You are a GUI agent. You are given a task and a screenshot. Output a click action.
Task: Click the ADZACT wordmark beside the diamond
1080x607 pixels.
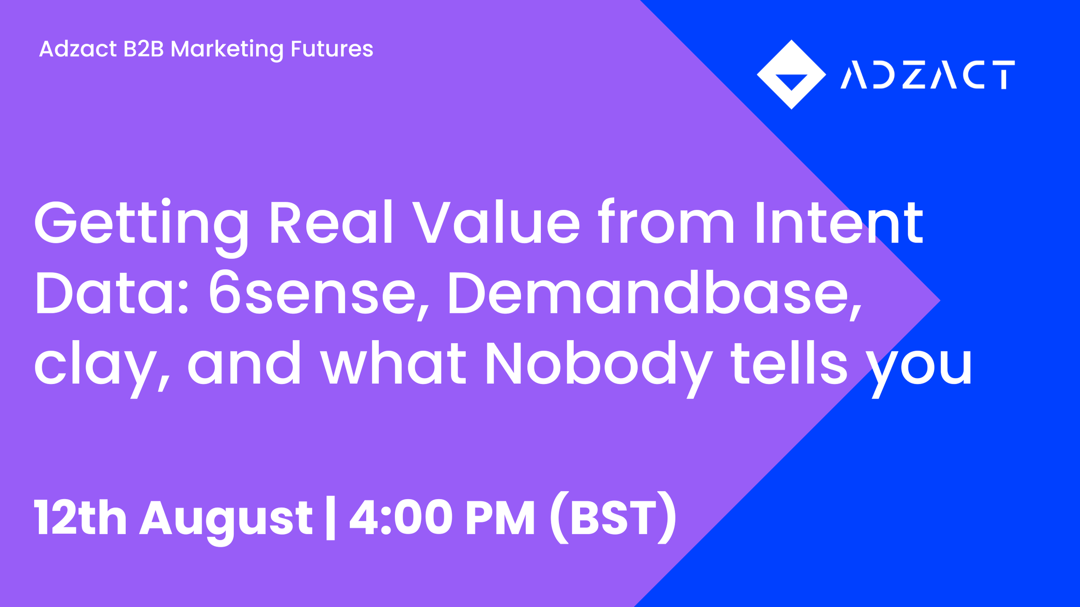(x=928, y=75)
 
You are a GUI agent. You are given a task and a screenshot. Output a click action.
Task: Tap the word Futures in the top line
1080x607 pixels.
(x=332, y=49)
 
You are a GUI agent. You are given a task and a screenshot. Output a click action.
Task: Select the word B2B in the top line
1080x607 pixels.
(x=144, y=49)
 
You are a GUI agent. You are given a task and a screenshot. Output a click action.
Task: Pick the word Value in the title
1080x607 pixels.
(x=496, y=221)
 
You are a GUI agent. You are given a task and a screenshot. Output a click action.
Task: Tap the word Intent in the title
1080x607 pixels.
(x=839, y=221)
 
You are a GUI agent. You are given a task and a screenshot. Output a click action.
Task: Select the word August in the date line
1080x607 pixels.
(x=226, y=521)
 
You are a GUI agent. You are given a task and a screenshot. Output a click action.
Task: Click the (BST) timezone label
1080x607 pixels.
(x=613, y=517)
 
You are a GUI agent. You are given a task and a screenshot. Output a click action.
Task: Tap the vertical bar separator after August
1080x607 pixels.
(x=330, y=518)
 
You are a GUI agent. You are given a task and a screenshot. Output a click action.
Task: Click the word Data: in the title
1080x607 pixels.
(x=111, y=292)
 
